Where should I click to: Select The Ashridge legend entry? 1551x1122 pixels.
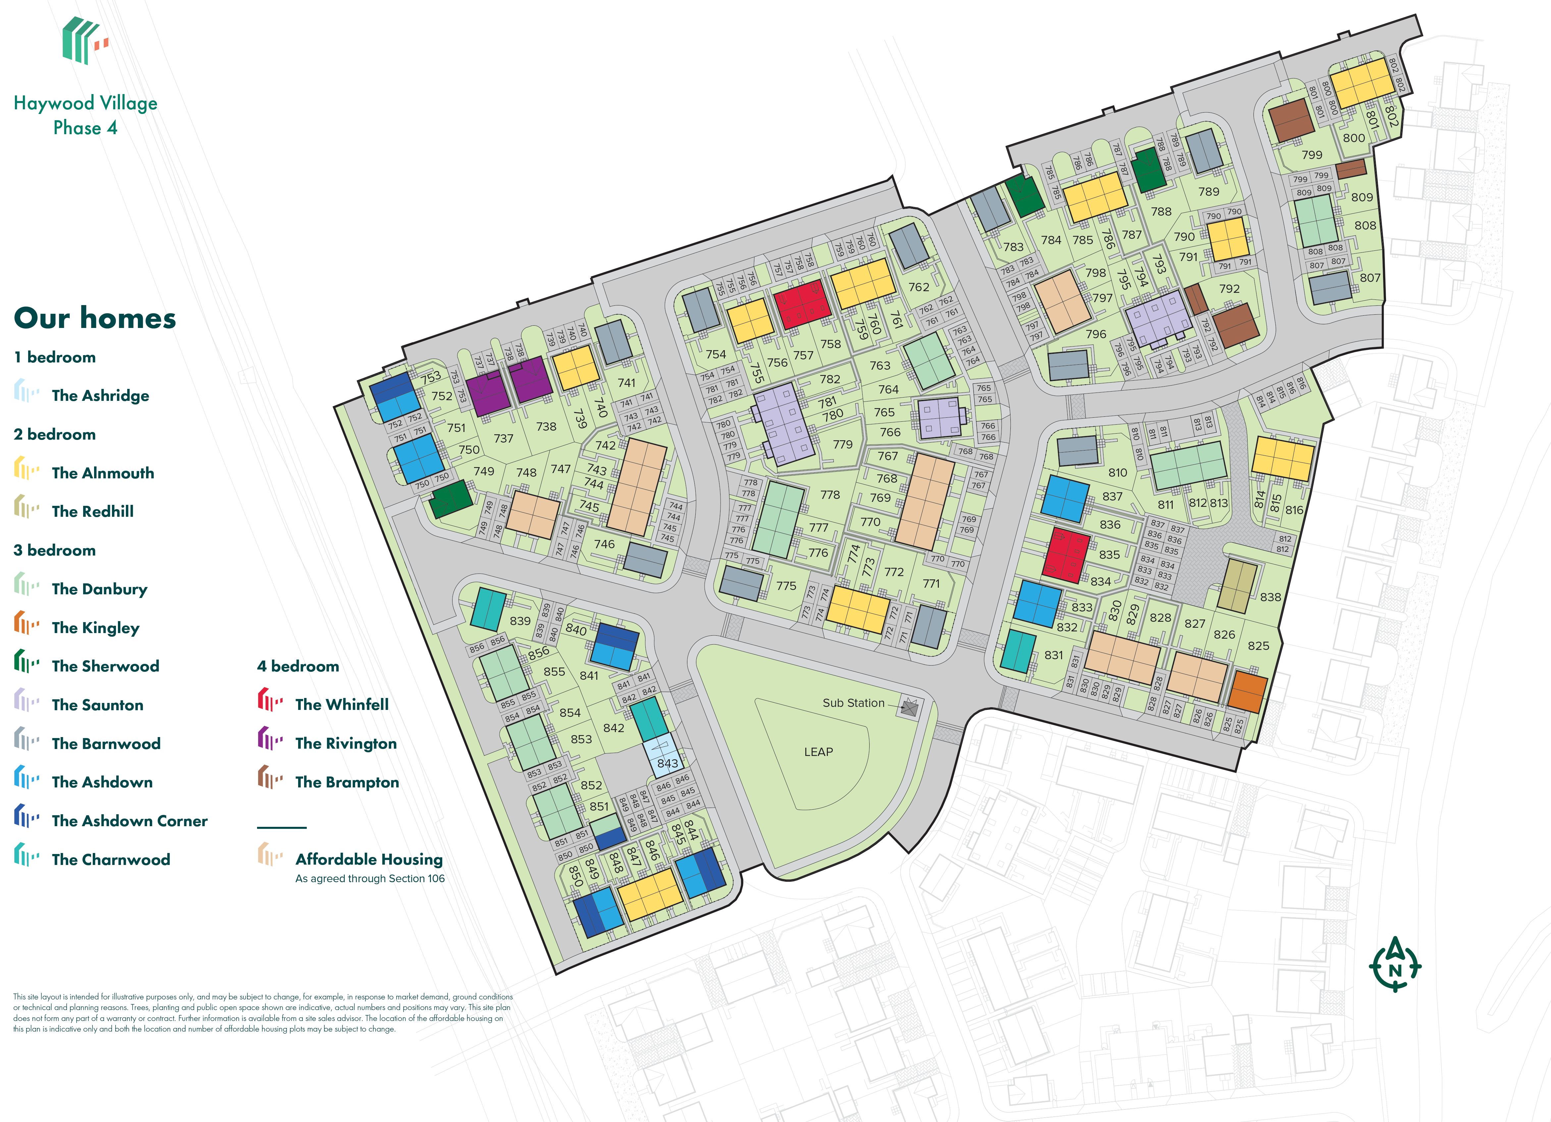(x=100, y=395)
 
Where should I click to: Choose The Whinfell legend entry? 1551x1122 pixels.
(x=341, y=704)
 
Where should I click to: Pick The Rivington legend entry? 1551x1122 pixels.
(x=346, y=743)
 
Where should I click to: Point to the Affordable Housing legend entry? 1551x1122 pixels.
(x=369, y=859)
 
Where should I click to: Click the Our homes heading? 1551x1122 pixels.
(x=95, y=318)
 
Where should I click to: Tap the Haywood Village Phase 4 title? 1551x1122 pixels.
(x=85, y=115)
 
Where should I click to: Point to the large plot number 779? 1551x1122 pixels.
(x=842, y=445)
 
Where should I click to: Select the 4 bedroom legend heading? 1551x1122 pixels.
(x=298, y=666)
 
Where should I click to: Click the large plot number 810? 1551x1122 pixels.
(x=1117, y=472)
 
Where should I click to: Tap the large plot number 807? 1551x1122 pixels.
(x=1370, y=278)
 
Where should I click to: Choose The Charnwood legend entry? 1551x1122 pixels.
(x=111, y=859)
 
